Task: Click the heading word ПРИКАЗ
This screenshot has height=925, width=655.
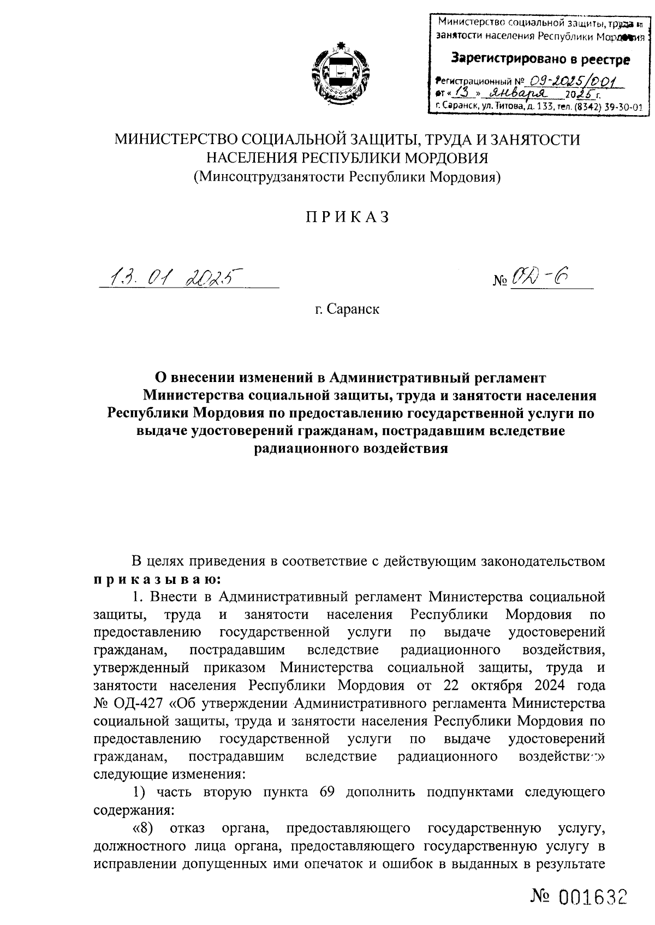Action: [x=347, y=217]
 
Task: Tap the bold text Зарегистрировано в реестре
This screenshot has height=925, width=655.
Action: [x=539, y=59]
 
